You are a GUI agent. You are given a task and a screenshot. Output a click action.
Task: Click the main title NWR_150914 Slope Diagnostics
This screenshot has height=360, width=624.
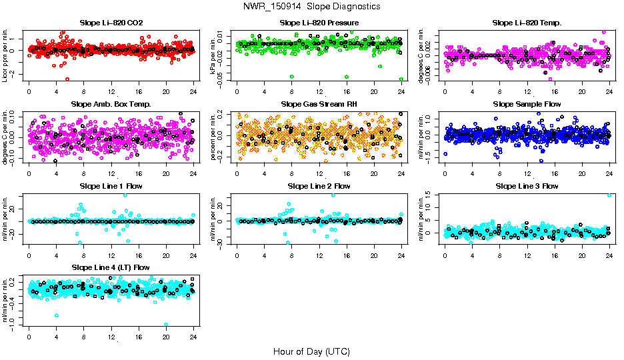(x=312, y=6)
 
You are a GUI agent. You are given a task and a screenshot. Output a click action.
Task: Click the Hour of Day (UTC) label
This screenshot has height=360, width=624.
(x=311, y=351)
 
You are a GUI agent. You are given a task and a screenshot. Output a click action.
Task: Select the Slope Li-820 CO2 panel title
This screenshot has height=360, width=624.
(x=111, y=23)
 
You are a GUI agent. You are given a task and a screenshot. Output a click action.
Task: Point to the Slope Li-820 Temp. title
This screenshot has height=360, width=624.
(x=527, y=23)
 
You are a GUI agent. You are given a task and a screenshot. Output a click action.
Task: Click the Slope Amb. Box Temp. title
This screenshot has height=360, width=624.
(x=111, y=105)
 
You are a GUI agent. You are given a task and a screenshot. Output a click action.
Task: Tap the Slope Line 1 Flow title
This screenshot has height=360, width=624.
(x=111, y=186)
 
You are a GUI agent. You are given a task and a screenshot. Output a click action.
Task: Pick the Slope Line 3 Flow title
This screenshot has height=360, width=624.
(x=527, y=186)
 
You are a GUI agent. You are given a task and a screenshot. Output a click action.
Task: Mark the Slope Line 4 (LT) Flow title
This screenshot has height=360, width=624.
(x=111, y=267)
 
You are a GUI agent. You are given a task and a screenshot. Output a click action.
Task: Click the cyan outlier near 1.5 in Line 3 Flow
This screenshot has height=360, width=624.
(x=609, y=195)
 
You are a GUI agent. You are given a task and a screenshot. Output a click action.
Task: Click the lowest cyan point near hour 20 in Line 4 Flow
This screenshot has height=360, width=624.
(x=166, y=325)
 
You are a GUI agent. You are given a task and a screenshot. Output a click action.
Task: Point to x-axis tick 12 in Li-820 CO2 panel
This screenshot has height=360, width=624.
(x=111, y=91)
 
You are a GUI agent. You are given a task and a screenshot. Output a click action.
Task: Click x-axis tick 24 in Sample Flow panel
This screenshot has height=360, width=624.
(x=609, y=173)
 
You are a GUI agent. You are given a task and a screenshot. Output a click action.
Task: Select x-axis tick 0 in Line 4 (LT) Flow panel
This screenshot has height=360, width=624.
(x=29, y=335)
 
